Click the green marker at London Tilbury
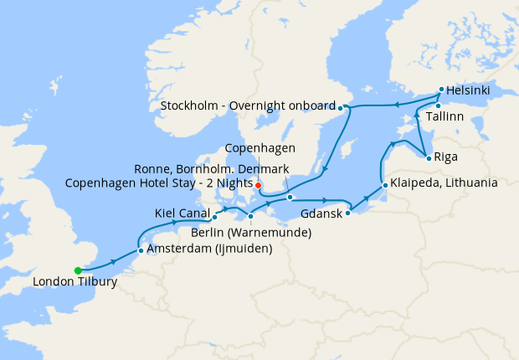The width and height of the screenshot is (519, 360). [78, 270]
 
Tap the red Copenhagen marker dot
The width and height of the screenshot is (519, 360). [259, 185]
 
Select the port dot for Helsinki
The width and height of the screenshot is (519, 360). [441, 89]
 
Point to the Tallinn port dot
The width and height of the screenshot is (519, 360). [438, 105]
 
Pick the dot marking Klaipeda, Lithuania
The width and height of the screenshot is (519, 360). [384, 185]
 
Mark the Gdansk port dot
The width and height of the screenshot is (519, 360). [348, 211]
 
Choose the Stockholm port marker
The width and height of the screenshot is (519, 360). [341, 107]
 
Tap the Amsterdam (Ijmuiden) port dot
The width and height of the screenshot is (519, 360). [140, 250]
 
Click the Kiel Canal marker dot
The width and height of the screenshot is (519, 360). [215, 218]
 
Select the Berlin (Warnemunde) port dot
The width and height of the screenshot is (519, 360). [250, 217]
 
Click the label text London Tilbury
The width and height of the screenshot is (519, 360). [75, 282]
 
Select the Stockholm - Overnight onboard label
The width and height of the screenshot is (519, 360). [249, 107]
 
